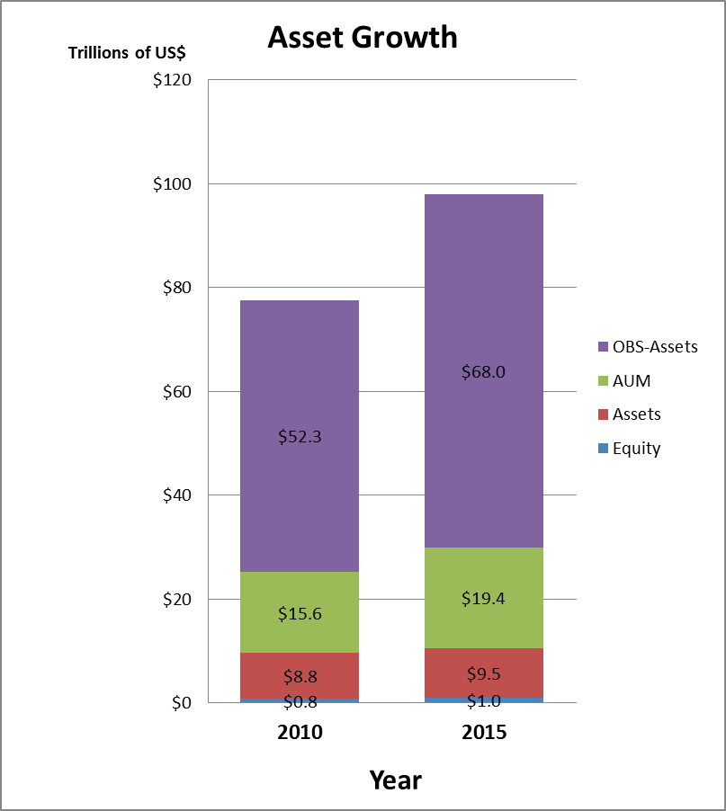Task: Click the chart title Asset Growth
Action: [363, 38]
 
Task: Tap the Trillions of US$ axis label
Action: [132, 52]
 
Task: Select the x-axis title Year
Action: [395, 780]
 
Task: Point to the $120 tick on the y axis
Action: [172, 80]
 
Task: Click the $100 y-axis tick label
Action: [172, 184]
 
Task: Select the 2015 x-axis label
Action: [484, 732]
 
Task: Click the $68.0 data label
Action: [484, 370]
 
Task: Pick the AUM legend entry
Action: [631, 381]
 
